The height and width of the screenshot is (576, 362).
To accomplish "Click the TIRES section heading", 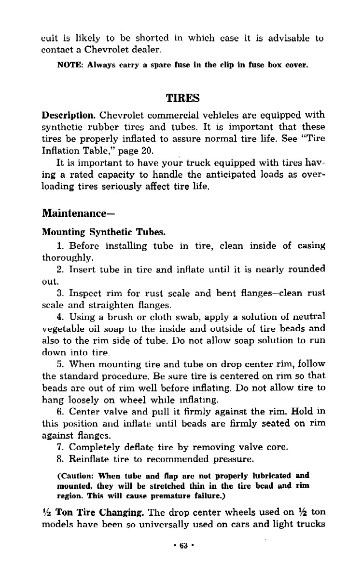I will click(183, 98).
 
